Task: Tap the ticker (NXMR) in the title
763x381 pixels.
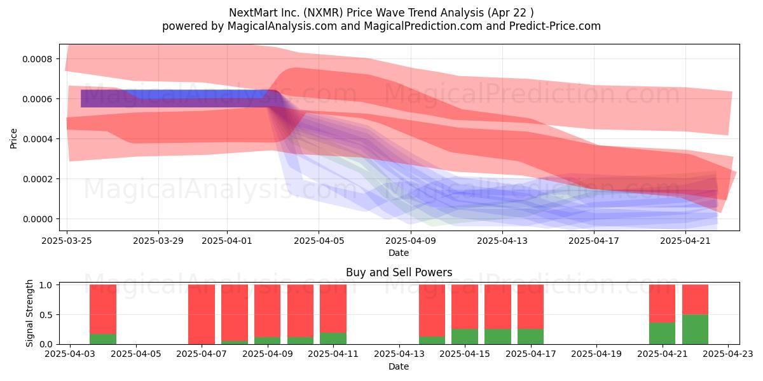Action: pos(323,13)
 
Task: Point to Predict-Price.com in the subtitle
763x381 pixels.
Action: pos(555,26)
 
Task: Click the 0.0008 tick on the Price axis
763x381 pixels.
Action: pos(38,59)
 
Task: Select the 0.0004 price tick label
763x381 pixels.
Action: pos(38,139)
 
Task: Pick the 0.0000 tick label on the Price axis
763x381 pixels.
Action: pos(38,219)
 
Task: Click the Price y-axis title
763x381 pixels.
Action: pos(13,138)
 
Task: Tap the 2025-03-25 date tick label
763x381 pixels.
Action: pos(67,241)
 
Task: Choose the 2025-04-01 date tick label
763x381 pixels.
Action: pos(227,241)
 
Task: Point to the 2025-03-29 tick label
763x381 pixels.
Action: pos(158,241)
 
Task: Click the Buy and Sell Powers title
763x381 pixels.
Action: pos(399,272)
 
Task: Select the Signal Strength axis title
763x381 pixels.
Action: pos(30,313)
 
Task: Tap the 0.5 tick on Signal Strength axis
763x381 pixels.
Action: pos(46,315)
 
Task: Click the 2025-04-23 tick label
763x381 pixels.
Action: pos(728,354)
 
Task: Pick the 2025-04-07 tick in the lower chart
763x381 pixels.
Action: pos(202,354)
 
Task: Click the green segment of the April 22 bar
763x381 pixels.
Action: pos(695,330)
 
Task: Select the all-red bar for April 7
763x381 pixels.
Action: pos(202,314)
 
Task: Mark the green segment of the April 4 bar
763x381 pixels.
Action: pos(103,339)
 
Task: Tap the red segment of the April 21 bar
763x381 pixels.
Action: pos(662,304)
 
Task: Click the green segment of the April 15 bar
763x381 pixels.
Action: pos(465,337)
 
